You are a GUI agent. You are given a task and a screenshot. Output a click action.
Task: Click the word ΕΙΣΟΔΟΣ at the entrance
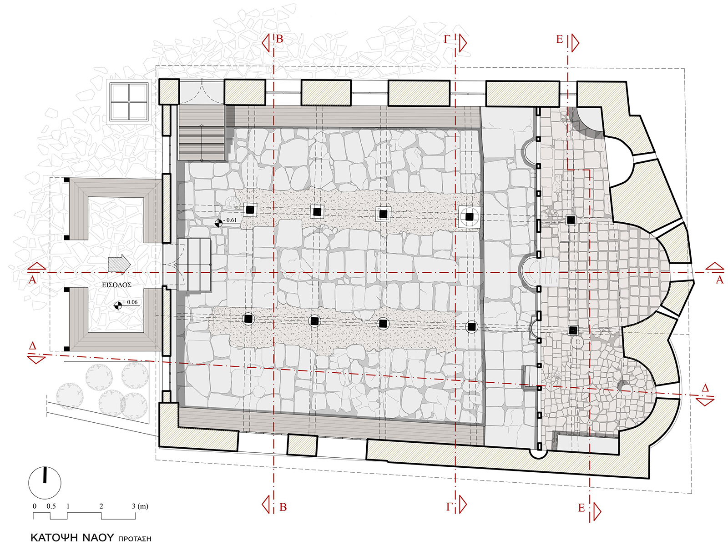[116, 285]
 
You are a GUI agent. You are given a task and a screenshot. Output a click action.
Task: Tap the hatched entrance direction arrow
[119, 265]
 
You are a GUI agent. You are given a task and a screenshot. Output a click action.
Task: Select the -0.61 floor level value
[230, 220]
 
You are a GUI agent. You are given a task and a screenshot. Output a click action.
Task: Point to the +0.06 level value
[130, 302]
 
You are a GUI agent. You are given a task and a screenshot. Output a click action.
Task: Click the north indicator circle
[45, 483]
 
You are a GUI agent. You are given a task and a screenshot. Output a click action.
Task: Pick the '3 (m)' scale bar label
[140, 506]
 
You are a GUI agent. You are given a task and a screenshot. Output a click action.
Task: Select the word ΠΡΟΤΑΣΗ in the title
[134, 539]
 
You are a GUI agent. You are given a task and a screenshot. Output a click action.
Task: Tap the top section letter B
[279, 40]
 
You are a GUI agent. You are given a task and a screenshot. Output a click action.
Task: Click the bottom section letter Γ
[449, 507]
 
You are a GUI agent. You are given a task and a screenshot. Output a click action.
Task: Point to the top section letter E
[559, 40]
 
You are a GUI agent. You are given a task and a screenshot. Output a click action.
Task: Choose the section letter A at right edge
[719, 280]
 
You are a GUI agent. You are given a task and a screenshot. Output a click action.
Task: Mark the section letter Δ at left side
[32, 346]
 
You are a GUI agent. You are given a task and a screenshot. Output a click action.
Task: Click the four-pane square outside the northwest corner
[129, 101]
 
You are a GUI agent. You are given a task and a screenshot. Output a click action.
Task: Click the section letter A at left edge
[32, 280]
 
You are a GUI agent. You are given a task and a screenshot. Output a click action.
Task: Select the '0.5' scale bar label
[51, 506]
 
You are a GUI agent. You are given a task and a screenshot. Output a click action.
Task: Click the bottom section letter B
[283, 507]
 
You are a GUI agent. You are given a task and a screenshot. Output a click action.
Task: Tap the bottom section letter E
[581, 508]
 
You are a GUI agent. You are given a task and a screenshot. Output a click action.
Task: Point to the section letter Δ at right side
[705, 388]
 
